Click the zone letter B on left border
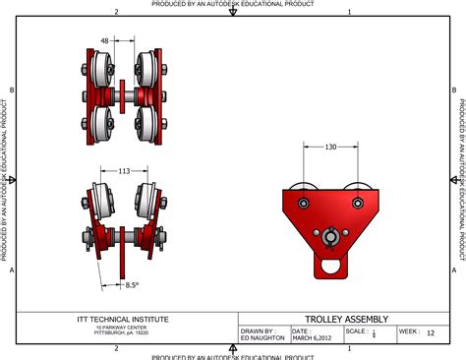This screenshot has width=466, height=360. coord(11,90)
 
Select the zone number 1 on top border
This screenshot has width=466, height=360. coord(350,12)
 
